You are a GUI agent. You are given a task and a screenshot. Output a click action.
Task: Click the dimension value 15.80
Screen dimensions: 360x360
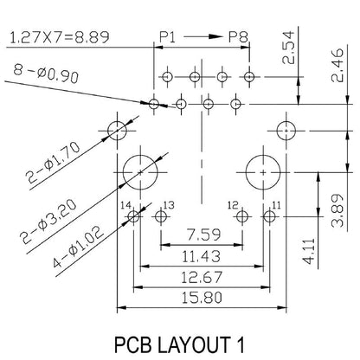point(204,297)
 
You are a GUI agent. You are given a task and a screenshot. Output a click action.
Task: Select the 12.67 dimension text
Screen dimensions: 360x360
point(204,277)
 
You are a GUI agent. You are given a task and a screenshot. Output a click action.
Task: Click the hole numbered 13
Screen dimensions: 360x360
point(159,216)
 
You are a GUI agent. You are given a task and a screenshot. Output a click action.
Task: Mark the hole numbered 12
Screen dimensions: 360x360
point(243,216)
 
